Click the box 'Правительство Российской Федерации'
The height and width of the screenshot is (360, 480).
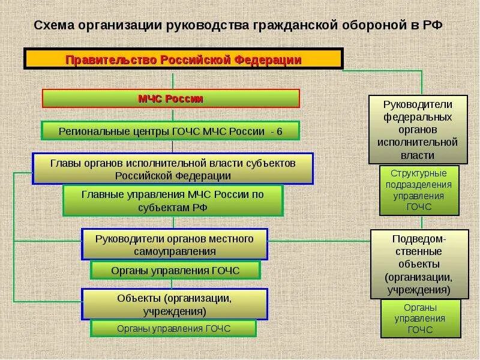183,60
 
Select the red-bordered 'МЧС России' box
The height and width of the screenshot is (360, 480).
170,99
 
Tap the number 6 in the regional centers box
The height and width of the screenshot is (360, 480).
279,131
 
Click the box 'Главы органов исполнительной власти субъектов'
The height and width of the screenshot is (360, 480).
173,169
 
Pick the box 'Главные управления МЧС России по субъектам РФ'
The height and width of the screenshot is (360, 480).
173,200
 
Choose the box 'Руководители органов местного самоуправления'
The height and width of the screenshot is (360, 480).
175,244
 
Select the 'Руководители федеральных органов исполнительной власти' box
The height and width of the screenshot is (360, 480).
418,129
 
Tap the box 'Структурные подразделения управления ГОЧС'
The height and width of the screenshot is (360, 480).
418,190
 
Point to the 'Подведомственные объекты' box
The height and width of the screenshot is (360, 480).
418,264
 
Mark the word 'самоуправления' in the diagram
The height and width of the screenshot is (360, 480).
175,251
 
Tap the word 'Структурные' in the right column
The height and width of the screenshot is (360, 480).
419,173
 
